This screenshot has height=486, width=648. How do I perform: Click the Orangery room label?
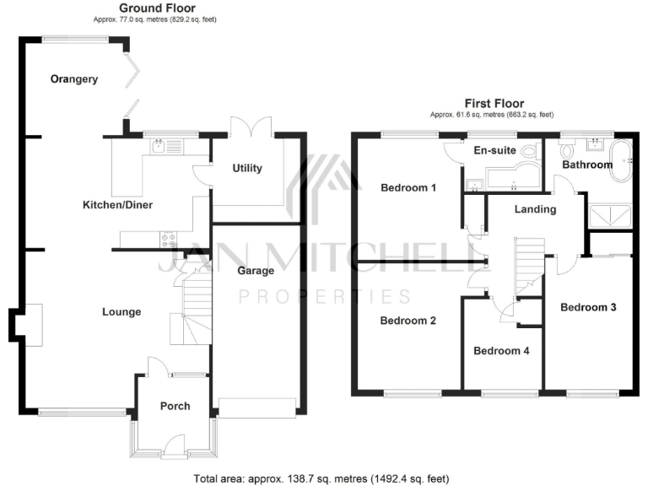(x=74, y=80)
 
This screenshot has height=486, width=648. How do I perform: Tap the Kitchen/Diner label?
(x=117, y=205)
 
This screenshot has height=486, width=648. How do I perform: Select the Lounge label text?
(x=121, y=312)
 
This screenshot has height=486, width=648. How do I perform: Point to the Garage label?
(x=256, y=271)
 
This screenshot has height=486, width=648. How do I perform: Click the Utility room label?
(x=247, y=168)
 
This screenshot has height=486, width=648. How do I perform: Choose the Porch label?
(x=175, y=406)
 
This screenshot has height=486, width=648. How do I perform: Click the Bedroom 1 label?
(x=408, y=187)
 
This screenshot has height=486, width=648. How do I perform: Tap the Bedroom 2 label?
(x=408, y=321)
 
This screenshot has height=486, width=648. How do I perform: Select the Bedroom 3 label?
(x=588, y=307)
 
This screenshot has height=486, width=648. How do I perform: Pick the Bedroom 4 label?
(x=501, y=351)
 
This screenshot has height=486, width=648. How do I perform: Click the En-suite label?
(x=493, y=151)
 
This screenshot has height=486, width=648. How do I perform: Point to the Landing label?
(x=536, y=209)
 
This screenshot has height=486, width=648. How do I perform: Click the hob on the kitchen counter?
(x=168, y=238)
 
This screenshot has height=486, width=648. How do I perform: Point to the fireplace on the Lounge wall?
(x=32, y=324)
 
